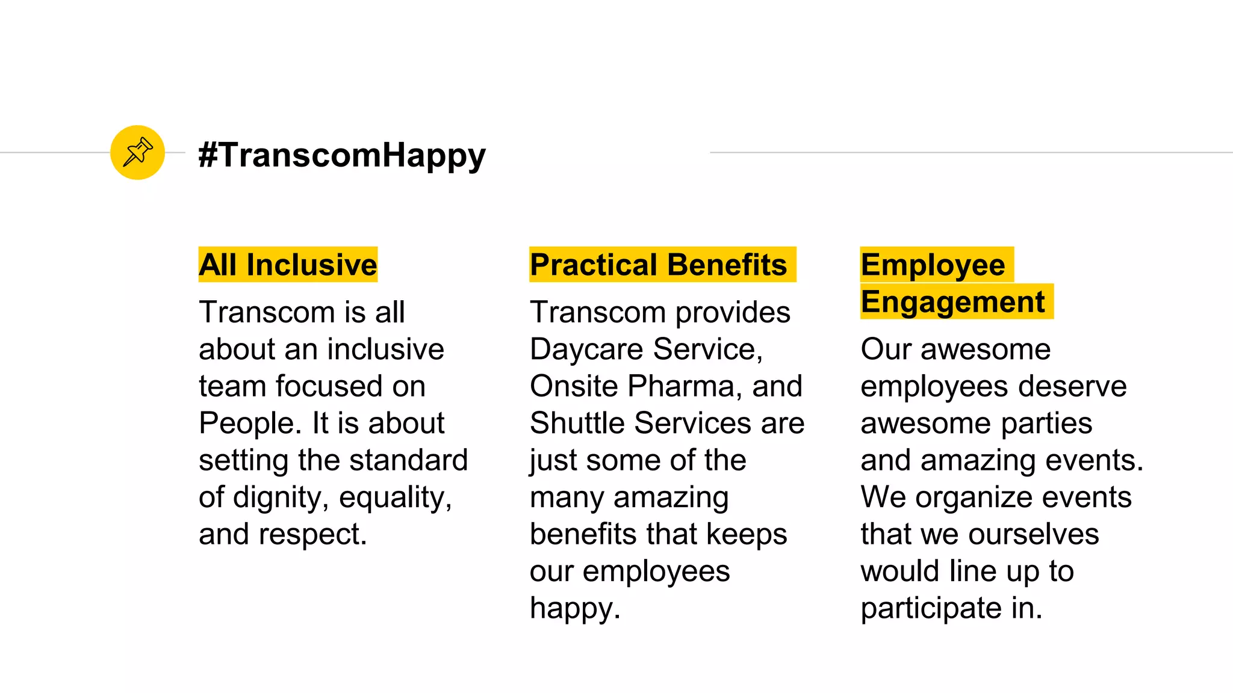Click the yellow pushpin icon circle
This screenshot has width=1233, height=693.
137,152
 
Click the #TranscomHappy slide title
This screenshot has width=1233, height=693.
342,155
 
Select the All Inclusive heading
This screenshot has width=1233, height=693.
288,265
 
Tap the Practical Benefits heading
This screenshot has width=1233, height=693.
659,265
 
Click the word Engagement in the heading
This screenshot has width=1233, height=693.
952,302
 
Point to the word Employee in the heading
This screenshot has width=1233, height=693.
933,265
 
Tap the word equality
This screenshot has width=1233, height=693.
395,498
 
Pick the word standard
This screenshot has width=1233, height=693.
408,460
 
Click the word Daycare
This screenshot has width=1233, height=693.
586,350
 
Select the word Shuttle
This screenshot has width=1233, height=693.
577,423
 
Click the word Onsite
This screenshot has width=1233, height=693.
574,386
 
